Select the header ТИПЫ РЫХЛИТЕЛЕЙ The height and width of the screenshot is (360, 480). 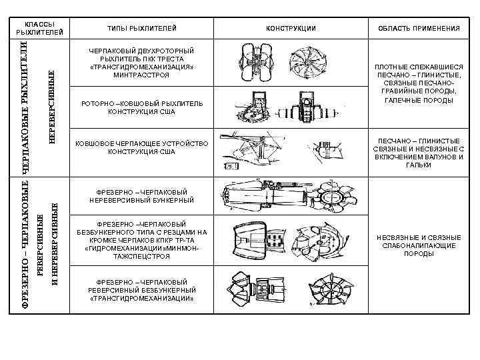[x=142, y=28]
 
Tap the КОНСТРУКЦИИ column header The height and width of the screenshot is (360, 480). [x=291, y=28]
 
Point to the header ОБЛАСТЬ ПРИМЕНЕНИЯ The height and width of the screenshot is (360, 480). [x=419, y=28]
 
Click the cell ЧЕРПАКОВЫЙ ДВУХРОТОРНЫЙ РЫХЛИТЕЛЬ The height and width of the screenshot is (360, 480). [x=142, y=63]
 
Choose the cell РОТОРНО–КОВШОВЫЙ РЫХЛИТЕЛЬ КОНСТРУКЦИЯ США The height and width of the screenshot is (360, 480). [x=142, y=108]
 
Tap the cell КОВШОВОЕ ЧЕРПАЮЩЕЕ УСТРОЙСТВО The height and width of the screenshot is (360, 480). [x=142, y=147]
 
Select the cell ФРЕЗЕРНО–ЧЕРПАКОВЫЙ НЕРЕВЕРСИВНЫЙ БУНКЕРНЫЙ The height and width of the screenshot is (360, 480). [x=142, y=195]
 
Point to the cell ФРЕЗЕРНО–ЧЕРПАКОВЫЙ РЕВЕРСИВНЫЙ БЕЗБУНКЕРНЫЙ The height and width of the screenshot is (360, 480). [x=142, y=290]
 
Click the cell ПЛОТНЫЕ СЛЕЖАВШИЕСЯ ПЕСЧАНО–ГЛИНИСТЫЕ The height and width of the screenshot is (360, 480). [x=419, y=83]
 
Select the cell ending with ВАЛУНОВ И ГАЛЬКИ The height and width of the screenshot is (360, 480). [x=419, y=153]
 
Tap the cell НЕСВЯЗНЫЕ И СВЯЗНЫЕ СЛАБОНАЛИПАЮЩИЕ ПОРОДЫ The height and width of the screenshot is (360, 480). [x=419, y=245]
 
